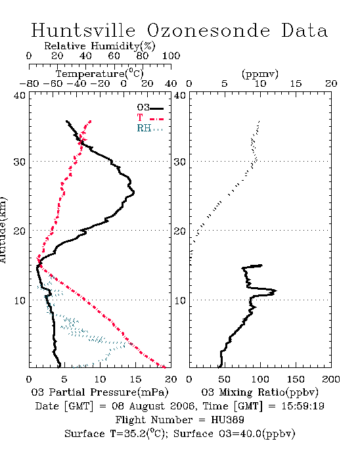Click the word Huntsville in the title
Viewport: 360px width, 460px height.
pos(83,30)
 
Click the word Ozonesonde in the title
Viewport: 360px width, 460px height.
pos(208,30)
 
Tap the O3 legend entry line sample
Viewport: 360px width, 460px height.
pos(156,108)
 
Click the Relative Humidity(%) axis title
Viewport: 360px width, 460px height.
pos(100,46)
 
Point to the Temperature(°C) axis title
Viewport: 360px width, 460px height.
pos(100,74)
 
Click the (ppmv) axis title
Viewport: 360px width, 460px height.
pos(260,74)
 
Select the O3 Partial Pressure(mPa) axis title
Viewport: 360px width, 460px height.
pos(100,392)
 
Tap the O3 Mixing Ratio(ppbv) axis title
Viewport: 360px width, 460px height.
pos(259,392)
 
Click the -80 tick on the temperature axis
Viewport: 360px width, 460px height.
pos(29,84)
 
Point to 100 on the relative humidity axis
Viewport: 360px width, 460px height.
pos(171,56)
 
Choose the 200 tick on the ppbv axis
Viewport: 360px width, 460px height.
pos(331,380)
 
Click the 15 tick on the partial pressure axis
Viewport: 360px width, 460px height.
pos(135,380)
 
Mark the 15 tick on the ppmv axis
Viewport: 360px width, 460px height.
pos(296,84)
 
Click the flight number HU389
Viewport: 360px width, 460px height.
pos(227,420)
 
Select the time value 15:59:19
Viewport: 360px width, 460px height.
pos(303,406)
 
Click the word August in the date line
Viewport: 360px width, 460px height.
pos(145,407)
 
